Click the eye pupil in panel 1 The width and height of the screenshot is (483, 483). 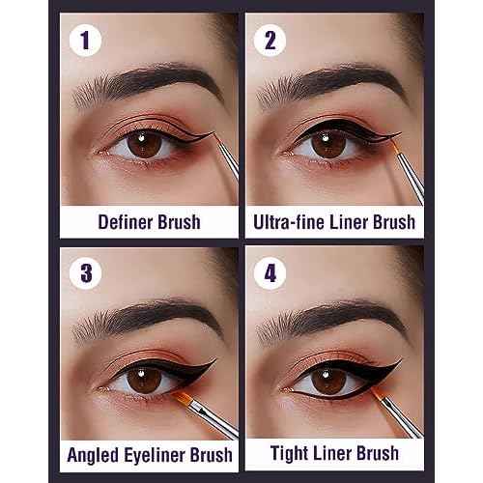tap(138, 144)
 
